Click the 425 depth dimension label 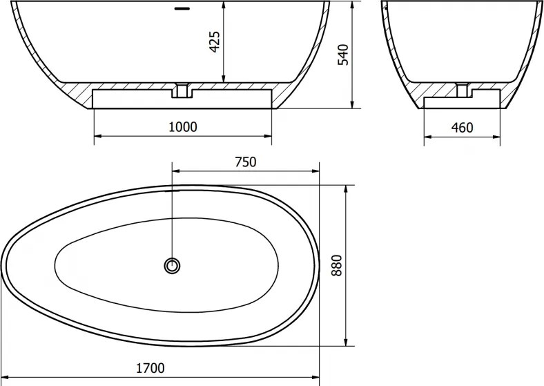point(215,42)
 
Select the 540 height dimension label point(343,55)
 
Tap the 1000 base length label point(183,127)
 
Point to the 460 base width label point(462,128)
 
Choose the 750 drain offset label point(246,162)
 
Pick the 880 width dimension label point(336,266)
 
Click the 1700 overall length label point(150,368)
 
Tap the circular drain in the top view point(172,266)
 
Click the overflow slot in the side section point(182,8)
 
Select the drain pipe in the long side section point(182,90)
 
